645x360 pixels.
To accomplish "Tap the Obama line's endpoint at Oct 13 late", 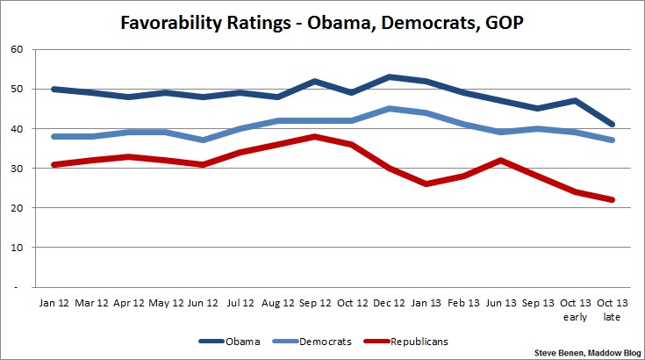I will pyautogui.click(x=613, y=125).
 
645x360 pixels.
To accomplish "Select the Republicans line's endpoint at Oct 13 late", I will pyautogui.click(x=613, y=199).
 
